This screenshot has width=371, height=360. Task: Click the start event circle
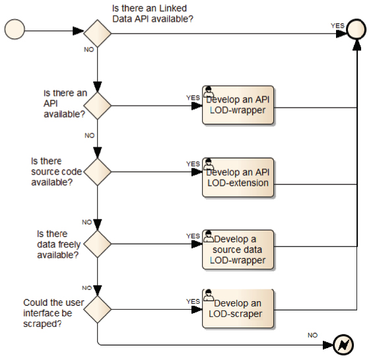[15, 29]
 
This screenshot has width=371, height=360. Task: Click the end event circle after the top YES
[356, 29]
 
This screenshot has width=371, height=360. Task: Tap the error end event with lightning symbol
[343, 345]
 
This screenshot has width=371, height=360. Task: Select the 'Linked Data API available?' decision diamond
[97, 34]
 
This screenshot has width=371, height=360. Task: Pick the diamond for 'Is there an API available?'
[97, 106]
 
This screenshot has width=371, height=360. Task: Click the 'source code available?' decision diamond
[97, 172]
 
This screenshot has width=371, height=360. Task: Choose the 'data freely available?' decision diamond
[97, 244]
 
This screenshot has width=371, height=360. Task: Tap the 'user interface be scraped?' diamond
[97, 309]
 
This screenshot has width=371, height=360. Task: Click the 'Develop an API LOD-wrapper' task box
[238, 105]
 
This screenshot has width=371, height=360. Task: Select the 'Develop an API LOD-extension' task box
[238, 178]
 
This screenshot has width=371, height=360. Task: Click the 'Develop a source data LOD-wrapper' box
[238, 250]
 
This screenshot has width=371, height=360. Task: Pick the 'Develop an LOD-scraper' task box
[238, 308]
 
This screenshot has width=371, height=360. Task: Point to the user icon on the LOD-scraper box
[208, 295]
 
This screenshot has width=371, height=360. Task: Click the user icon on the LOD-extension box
[208, 164]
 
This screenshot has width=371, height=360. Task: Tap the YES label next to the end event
[337, 26]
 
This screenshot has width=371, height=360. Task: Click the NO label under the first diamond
[89, 50]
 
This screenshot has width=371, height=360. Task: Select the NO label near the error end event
[312, 335]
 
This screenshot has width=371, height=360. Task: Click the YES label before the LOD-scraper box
[193, 301]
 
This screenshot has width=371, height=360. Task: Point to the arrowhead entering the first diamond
[79, 31]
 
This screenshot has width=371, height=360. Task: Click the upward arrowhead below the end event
[356, 45]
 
